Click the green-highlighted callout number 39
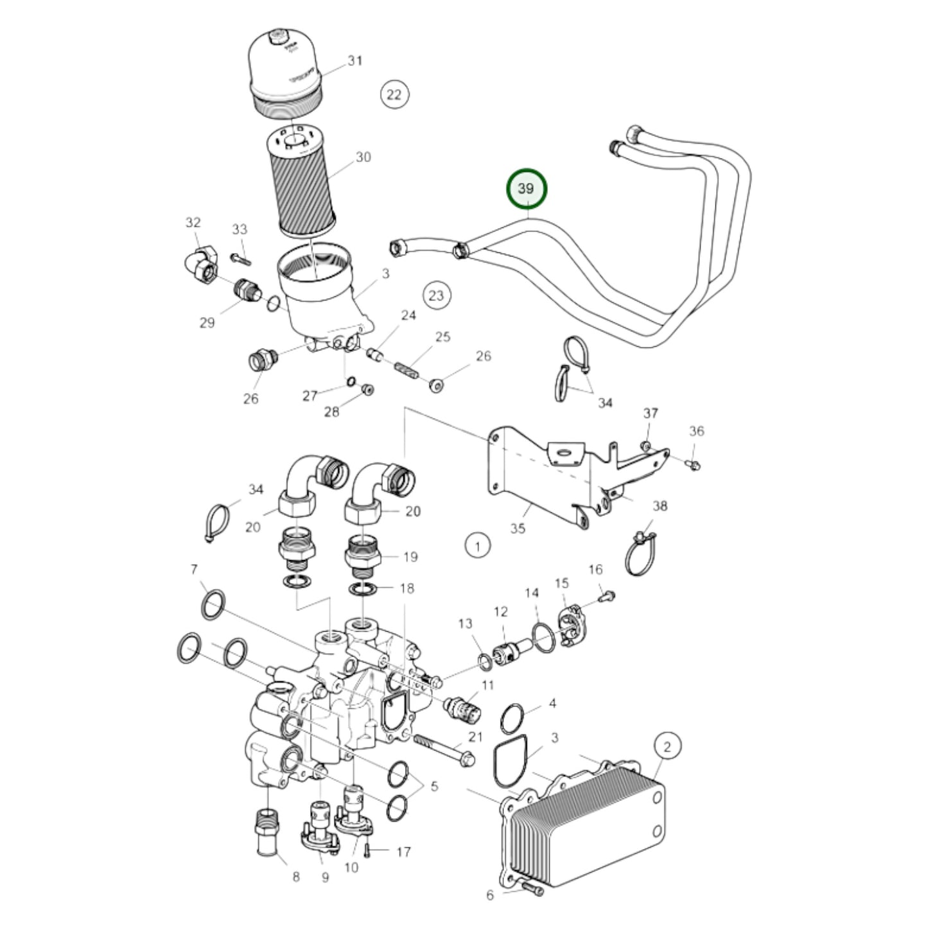coord(526,189)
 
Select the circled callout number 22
coord(394,95)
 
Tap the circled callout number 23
coord(437,295)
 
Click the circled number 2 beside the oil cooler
coord(667,746)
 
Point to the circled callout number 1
coord(477,547)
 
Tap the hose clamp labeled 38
coord(638,554)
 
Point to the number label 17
coord(403,852)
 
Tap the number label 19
coord(410,557)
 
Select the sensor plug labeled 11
coord(461,707)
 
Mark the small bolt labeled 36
coord(694,462)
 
